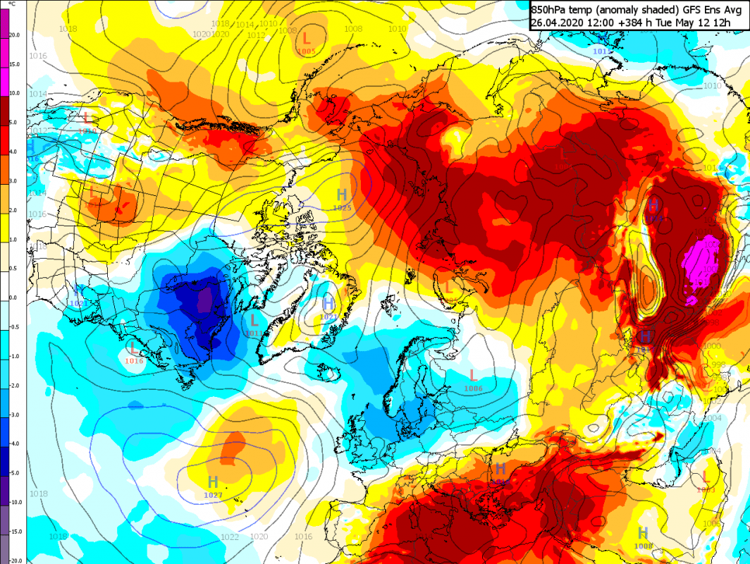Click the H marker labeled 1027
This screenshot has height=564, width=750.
213,482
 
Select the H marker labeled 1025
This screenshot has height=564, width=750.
343,195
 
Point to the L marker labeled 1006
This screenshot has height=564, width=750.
474,375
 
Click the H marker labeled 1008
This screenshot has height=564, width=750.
643,533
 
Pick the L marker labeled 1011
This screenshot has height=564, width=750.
254,320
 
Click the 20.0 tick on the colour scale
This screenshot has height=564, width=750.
15,35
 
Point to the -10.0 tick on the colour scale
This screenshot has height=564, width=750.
15,502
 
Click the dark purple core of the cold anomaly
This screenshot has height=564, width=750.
205,300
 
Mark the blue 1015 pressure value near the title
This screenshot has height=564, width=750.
602,51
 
